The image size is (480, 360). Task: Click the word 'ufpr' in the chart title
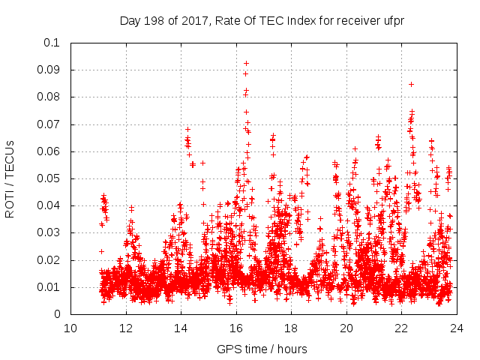point(392,21)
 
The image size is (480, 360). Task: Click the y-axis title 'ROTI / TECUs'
point(10,178)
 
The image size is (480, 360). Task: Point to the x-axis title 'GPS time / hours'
point(262,349)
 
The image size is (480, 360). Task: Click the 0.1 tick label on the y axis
point(52,43)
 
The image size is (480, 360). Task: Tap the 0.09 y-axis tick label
point(49,70)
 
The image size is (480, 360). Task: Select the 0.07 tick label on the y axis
point(49,124)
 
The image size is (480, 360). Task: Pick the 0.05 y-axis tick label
point(49,178)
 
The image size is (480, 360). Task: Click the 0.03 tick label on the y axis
point(49,233)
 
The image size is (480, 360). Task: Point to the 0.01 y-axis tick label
point(49,287)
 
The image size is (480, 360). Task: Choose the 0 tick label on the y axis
point(57,315)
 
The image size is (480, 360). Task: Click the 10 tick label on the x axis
point(70,328)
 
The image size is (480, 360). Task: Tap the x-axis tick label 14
point(181,328)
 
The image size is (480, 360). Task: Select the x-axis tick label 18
point(291,328)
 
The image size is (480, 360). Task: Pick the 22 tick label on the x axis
point(401,328)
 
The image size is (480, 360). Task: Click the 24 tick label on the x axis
point(457,328)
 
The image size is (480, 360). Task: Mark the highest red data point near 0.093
point(246,63)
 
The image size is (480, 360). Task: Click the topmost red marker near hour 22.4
point(411,84)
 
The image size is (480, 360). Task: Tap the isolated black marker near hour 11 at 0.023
point(101,251)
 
